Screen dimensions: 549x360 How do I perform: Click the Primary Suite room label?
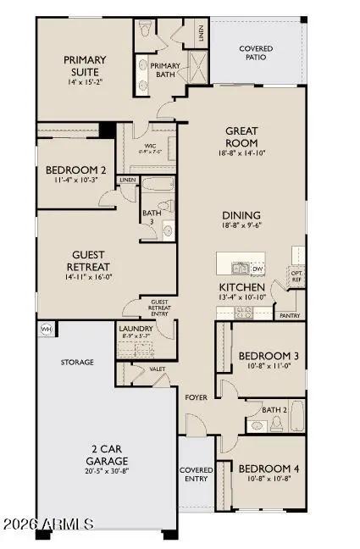tap(85, 66)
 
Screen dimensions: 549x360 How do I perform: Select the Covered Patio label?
tap(256, 53)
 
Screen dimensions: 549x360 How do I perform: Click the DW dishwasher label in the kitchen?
tap(258, 269)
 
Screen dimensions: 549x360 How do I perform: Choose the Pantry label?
tap(289, 315)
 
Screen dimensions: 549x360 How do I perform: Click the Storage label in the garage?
tap(76, 362)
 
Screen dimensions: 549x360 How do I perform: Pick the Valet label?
tap(157, 369)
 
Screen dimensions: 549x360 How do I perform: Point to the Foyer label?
tap(197, 396)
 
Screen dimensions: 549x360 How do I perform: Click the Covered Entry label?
tap(196, 474)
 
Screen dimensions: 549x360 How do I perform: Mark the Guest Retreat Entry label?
tap(160, 308)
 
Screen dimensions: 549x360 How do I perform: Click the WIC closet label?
tap(152, 146)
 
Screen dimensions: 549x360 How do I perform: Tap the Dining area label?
tap(241, 215)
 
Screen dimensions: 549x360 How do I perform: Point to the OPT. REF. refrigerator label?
tap(296, 275)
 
